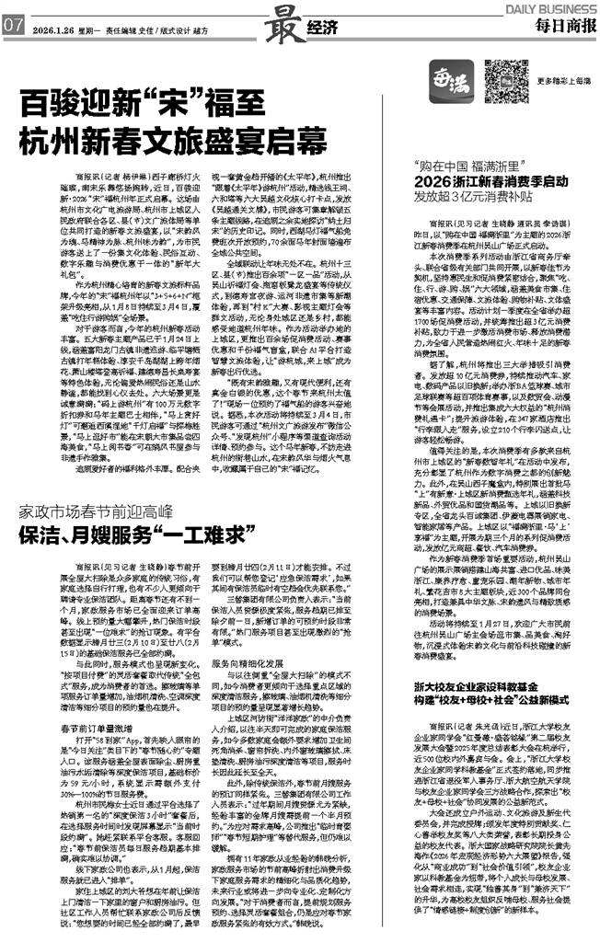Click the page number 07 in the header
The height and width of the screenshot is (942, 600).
tap(13, 26)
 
